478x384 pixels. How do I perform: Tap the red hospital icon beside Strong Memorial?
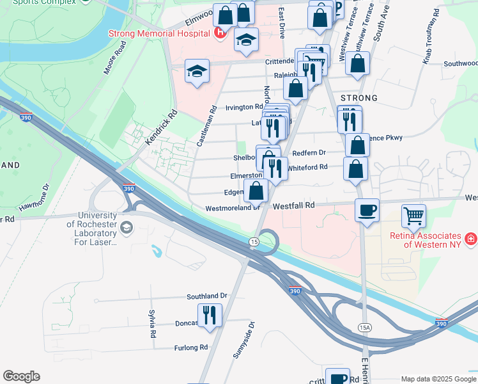coord(220,32)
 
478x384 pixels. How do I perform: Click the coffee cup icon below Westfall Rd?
coord(367,211)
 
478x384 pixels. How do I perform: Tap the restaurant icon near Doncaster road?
coord(209,315)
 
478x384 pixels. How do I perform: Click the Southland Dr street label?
coord(207,296)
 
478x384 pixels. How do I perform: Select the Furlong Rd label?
coord(191,348)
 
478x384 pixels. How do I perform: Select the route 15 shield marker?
coord(254,241)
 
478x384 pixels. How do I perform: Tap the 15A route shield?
coord(364,327)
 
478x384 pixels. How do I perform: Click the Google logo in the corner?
coord(21,376)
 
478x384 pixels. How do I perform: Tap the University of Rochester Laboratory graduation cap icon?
coord(127,227)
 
